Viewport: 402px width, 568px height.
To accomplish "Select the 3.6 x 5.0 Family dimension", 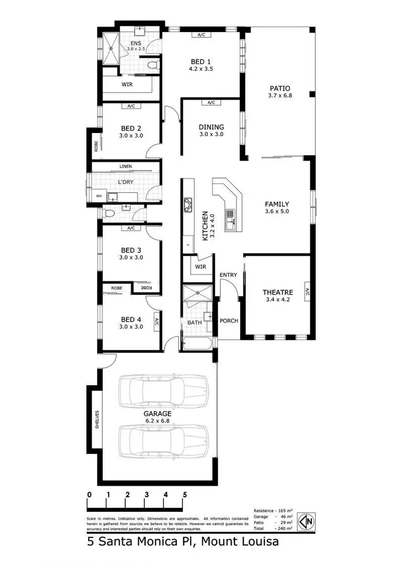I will coord(277,212).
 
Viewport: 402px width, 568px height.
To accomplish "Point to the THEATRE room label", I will coord(277,292).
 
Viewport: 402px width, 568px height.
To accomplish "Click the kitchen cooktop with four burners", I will coord(188,204).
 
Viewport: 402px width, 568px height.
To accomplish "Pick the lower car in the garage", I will coord(163,440).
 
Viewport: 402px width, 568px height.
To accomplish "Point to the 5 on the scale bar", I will coord(185,495).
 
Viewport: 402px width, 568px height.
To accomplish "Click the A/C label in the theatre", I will coord(307,293).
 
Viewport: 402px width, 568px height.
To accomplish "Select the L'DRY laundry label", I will coord(125,182).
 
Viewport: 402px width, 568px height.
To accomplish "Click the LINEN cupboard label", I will coord(126,167).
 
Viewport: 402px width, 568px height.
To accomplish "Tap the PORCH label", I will coord(229,322).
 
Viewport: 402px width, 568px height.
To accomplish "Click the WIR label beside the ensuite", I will coord(127,85).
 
